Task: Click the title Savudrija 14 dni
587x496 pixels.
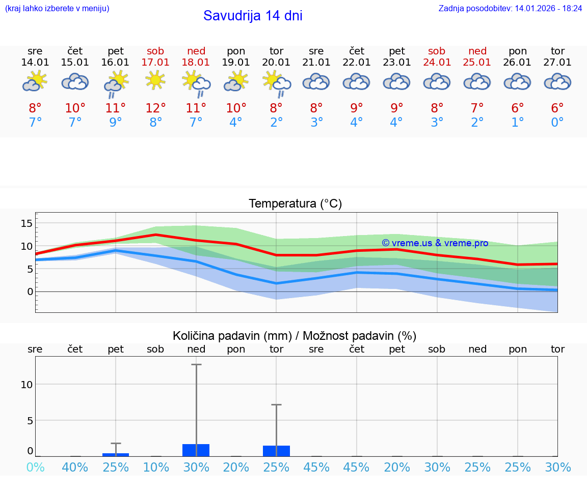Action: coord(253,16)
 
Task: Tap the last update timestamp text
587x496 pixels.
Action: coord(510,9)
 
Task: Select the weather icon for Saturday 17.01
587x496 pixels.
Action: coord(155,80)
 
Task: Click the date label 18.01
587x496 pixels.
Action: coord(196,63)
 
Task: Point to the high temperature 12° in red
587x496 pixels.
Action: coord(155,108)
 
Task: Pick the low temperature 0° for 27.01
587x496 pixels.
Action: coord(557,123)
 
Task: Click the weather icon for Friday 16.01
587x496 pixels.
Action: coord(116,83)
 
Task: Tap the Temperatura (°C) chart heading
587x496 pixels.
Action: coord(295,204)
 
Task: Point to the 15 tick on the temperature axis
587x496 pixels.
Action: coord(26,223)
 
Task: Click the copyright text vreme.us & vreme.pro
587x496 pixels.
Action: coord(435,243)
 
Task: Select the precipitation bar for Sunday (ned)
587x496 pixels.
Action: coord(196,450)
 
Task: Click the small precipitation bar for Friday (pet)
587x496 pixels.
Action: coord(116,454)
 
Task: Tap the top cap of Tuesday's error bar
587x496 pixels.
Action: coord(277,405)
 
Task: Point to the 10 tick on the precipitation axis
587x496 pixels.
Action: coord(26,385)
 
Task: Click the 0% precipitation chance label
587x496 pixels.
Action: coord(35,468)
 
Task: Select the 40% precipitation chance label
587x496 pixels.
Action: coord(75,468)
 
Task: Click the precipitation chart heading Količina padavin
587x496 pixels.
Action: coord(295,336)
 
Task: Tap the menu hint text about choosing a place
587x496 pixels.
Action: coord(57,9)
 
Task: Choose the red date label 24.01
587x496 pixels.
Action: coord(437,63)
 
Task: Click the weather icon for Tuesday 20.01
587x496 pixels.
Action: coord(277,83)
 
